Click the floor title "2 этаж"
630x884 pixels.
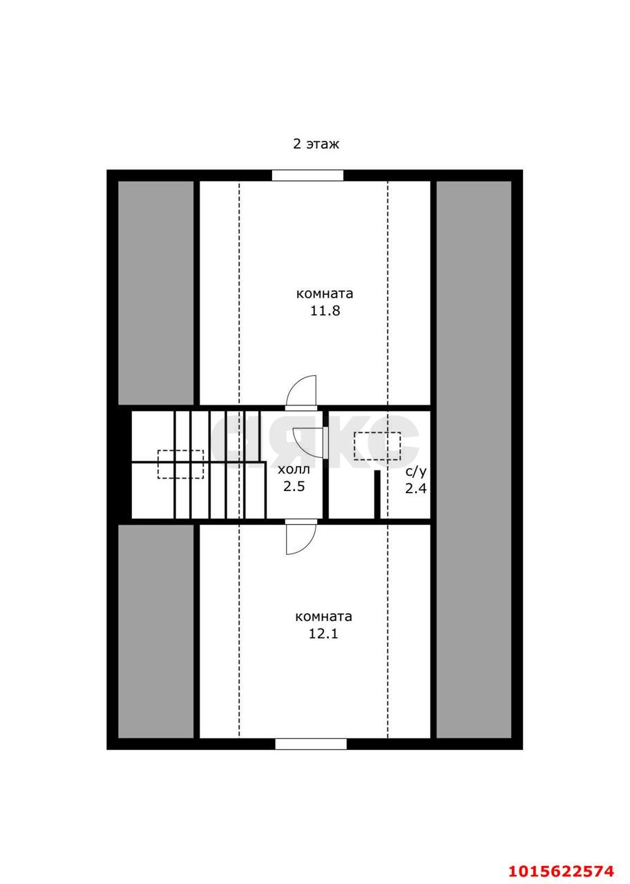[x=316, y=144]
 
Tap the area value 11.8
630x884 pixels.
[x=325, y=311]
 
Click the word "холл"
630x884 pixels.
[x=294, y=470]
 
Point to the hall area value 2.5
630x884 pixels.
[x=294, y=486]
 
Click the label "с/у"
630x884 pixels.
[x=416, y=472]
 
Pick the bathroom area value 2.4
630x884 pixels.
[x=416, y=488]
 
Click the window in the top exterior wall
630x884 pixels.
[x=308, y=175]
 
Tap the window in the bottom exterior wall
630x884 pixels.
[x=311, y=744]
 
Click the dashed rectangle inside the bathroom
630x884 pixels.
[x=377, y=446]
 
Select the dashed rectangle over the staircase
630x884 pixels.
[x=181, y=464]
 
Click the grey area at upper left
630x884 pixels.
[x=156, y=293]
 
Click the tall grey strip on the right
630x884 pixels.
[x=474, y=459]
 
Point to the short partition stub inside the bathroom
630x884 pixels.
[x=377, y=494]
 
